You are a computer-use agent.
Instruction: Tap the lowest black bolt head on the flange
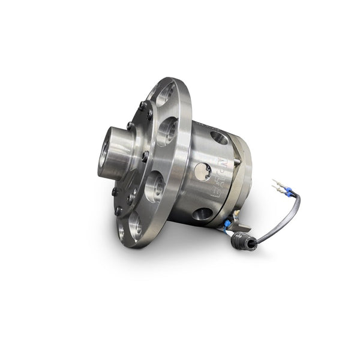coord(120,211)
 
